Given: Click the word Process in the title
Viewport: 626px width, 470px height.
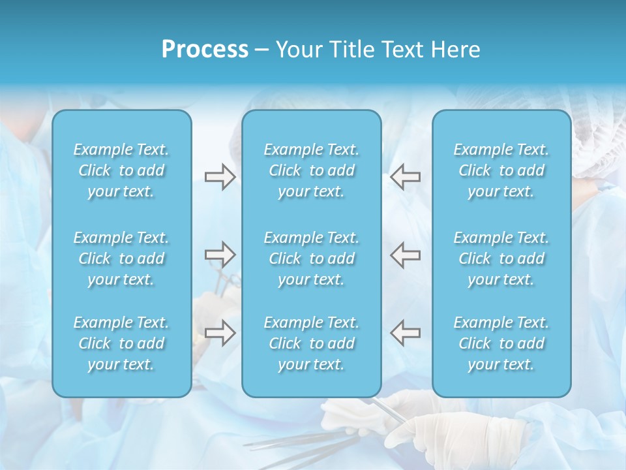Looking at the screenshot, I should (205, 50).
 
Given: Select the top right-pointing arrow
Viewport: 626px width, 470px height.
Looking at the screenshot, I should (220, 177).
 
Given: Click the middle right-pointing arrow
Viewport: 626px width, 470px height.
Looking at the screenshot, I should (220, 254).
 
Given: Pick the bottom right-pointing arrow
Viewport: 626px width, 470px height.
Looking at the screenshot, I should (220, 333).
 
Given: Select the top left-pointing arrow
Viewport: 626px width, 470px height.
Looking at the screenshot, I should (405, 177).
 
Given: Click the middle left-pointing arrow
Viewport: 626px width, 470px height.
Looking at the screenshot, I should (405, 254).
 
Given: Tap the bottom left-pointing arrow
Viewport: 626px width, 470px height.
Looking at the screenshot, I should (405, 333).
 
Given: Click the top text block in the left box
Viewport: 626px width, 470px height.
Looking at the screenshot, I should (121, 170).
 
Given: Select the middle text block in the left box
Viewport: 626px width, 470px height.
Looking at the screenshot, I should (121, 258).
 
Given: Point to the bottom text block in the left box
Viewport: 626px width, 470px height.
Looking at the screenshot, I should (121, 343).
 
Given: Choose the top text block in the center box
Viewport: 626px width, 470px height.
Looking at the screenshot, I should (311, 170).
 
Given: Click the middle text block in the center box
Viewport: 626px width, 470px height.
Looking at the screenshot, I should (311, 258).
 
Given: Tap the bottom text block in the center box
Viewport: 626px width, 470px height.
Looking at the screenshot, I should (311, 343).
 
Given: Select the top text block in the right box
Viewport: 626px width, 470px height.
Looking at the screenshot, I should (501, 170).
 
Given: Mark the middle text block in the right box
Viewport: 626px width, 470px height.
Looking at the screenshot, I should (501, 258).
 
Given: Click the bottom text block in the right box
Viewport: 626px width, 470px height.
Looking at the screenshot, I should (501, 343).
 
